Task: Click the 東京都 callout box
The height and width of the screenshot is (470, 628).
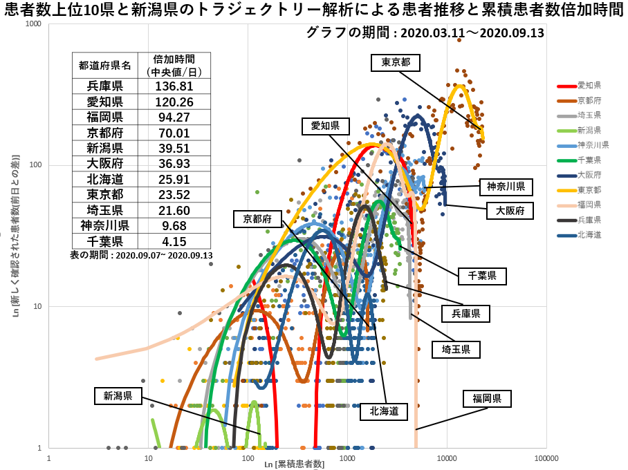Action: pyautogui.click(x=396, y=62)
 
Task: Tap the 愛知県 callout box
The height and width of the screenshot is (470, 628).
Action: pyautogui.click(x=325, y=126)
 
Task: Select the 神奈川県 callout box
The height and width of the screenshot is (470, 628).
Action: pyautogui.click(x=506, y=187)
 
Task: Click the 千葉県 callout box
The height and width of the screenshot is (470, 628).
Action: pyautogui.click(x=482, y=276)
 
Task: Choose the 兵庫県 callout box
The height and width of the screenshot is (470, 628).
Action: pyautogui.click(x=465, y=314)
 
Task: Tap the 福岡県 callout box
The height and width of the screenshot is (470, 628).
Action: pyautogui.click(x=492, y=398)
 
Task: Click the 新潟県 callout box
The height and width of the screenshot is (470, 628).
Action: pyautogui.click(x=118, y=396)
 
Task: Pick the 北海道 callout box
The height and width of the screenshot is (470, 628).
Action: pyautogui.click(x=384, y=412)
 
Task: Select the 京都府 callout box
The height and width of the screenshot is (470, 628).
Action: pyautogui.click(x=257, y=219)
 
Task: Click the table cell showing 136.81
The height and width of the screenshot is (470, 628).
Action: pyautogui.click(x=174, y=86)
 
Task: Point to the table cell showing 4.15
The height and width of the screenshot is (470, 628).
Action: pyautogui.click(x=174, y=241)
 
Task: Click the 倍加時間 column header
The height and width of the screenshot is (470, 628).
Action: pyautogui.click(x=174, y=65)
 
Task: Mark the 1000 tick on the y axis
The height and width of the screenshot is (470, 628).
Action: pyautogui.click(x=33, y=24)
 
